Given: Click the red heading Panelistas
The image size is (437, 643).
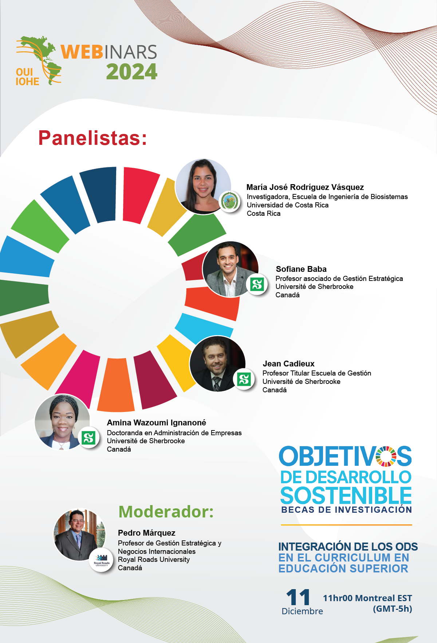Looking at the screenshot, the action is click(92, 138).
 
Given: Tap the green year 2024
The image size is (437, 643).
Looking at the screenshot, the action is click(132, 72).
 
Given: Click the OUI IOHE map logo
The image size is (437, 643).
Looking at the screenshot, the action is click(38, 61).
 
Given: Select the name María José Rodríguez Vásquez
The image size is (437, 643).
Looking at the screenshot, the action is click(305, 187).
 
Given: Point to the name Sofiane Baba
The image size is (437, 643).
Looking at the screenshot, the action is click(301, 269).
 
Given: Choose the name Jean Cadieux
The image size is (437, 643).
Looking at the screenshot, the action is click(288, 364).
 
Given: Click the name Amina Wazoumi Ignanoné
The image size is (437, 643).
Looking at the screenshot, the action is click(157, 422).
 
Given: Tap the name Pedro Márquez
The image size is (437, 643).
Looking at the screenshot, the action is click(146, 533).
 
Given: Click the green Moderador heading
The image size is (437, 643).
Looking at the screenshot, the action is click(166, 512).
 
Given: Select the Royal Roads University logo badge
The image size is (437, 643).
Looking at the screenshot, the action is click(102, 560).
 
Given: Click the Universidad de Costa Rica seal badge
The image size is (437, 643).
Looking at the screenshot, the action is click(230, 201).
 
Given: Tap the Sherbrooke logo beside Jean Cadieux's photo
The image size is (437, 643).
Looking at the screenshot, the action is click(244, 379).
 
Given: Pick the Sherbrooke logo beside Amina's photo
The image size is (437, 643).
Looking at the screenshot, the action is click(88, 437).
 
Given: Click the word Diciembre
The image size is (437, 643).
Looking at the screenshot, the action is click(302, 611).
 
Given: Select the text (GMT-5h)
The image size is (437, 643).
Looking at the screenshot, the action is click(392, 609).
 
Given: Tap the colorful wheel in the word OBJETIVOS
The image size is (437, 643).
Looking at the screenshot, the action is click(386, 456).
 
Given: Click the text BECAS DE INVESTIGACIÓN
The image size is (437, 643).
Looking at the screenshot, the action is click(346, 510).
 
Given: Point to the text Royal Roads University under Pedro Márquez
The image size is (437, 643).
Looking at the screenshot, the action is click(154, 559).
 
